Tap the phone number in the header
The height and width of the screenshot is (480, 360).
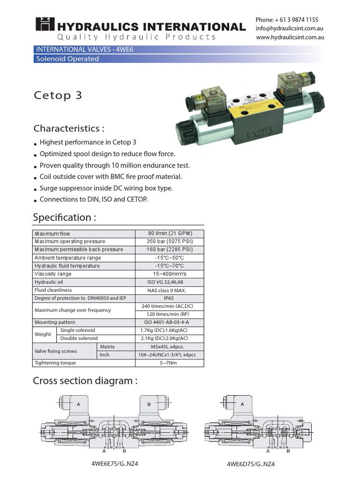coord(287,20)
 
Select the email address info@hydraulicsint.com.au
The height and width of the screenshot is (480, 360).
coord(289,29)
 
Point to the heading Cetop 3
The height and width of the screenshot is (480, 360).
coord(58,95)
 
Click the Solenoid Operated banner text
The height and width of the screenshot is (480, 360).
coord(67,59)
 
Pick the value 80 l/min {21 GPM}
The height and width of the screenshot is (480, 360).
coord(170,233)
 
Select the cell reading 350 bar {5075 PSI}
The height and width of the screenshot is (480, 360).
coord(170,241)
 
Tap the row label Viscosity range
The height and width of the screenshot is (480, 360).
coord(53,274)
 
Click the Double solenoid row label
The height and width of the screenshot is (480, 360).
coord(79,338)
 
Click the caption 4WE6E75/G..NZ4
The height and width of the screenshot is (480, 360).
coord(115,464)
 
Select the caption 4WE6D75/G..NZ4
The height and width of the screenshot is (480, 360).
coord(251,465)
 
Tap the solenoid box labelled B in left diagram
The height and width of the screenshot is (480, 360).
coord(149,405)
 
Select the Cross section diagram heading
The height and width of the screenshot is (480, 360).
coord(85,381)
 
